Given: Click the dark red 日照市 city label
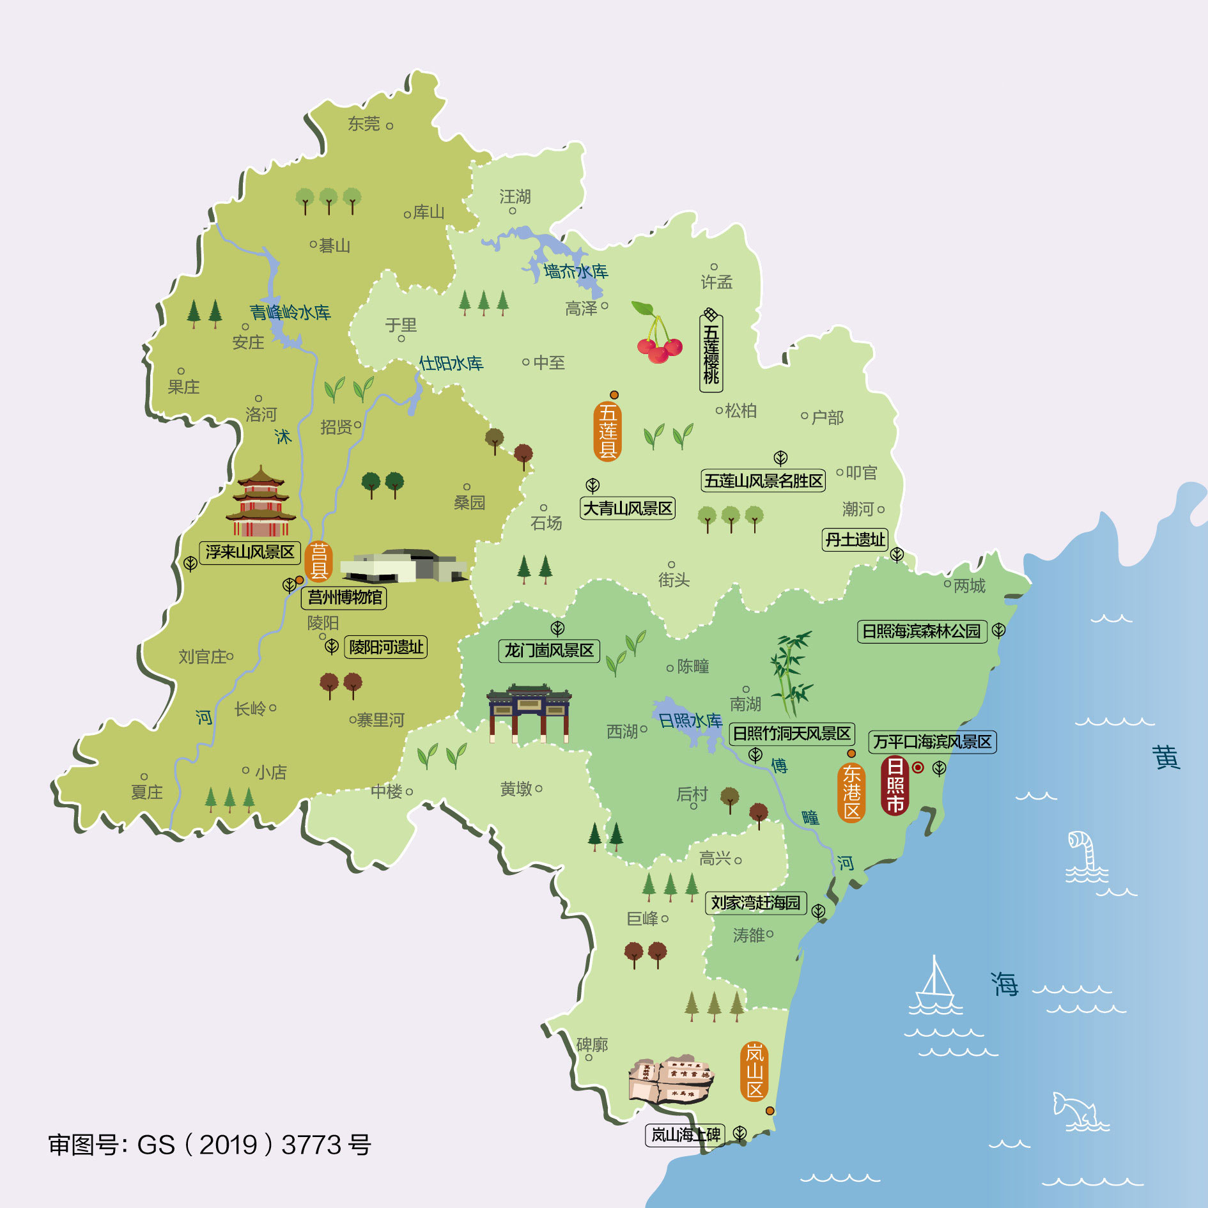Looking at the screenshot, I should click(x=895, y=786).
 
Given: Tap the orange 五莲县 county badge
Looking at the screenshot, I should click(x=607, y=431).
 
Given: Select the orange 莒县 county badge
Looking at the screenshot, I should click(x=318, y=561).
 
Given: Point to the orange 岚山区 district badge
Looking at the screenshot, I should click(x=755, y=1071).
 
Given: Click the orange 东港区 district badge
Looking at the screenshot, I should click(x=851, y=793).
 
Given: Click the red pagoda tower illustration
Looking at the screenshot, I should click(x=261, y=502).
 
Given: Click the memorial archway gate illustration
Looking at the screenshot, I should click(x=529, y=713).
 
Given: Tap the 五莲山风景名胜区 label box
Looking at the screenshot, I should click(x=763, y=481).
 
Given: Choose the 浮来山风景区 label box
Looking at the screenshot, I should click(x=250, y=552).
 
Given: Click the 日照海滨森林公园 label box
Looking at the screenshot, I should click(x=921, y=631).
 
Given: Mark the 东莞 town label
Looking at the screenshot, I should click(x=364, y=124).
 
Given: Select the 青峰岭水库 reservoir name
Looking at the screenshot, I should click(x=290, y=313).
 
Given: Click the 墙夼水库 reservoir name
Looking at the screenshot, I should click(x=576, y=272).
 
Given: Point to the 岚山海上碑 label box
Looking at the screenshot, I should click(x=685, y=1134).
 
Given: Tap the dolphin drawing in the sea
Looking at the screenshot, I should click(x=1077, y=1110).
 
